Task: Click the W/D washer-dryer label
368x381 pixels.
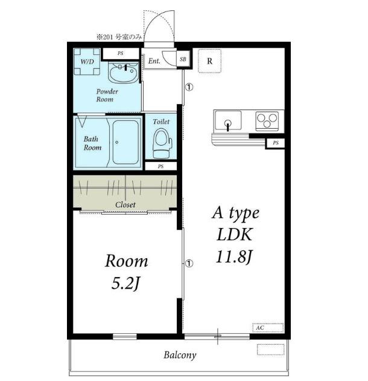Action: click(87, 61)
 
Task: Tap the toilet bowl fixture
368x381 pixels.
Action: click(162, 143)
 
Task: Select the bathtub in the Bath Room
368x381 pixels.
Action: click(125, 142)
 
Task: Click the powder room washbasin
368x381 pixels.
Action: click(124, 72)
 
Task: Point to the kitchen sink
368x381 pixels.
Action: click(228, 121)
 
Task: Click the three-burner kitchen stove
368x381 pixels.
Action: click(267, 120)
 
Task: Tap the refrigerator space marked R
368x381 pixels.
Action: click(210, 61)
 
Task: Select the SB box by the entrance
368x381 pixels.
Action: click(183, 59)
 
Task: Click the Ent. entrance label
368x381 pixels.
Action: click(154, 60)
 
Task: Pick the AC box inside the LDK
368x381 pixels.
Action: click(268, 328)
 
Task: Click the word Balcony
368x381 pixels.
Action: click(180, 355)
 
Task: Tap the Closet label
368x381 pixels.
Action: click(125, 205)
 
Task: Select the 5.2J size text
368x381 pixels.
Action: click(126, 283)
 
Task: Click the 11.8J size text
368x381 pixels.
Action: click(235, 257)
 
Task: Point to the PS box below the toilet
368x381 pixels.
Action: click(160, 166)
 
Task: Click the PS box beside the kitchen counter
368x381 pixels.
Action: click(276, 143)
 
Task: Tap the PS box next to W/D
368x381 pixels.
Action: click(121, 53)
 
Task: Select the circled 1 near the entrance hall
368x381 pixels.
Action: click(189, 87)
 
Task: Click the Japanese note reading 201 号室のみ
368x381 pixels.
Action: click(119, 37)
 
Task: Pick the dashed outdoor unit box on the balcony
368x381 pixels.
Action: click(270, 350)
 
